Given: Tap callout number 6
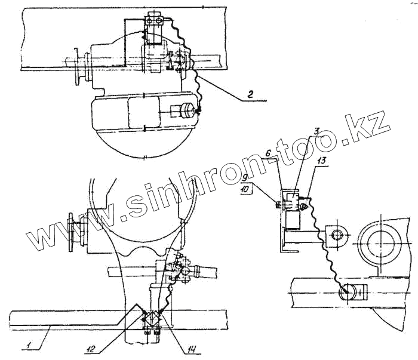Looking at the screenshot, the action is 269,153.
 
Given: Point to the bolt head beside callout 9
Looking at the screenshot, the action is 278,205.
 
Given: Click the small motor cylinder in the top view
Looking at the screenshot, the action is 184,112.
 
